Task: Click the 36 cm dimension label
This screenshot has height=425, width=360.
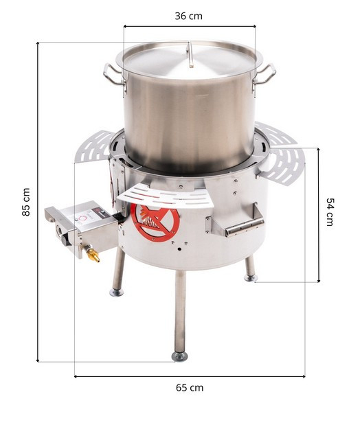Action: tap(188, 16)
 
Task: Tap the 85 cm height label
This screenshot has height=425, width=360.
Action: tap(26, 202)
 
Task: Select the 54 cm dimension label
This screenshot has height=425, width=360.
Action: tap(330, 212)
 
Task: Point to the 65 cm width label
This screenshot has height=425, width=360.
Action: tap(190, 387)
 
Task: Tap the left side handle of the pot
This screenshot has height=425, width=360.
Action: tap(114, 75)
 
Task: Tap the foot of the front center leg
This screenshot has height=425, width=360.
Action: tap(179, 356)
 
